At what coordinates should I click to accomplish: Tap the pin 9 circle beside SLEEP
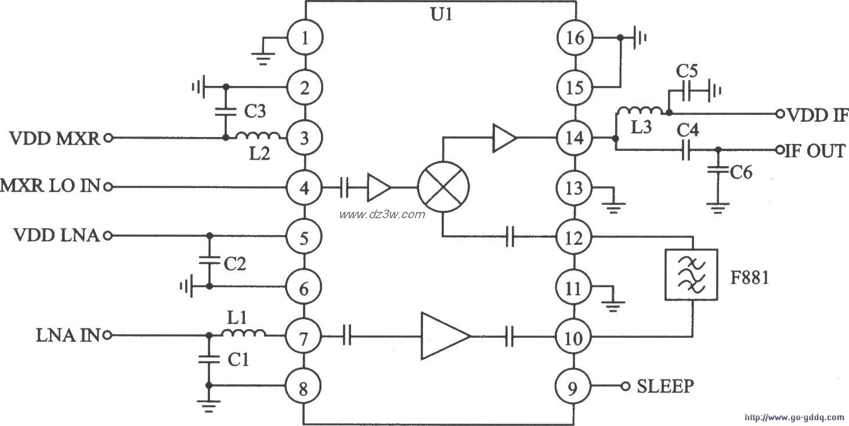tap(572, 386)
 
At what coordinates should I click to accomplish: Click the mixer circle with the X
tap(444, 188)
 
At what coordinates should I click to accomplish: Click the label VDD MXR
tap(54, 139)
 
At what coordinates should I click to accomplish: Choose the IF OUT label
tap(814, 151)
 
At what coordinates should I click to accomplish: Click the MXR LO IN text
tap(50, 187)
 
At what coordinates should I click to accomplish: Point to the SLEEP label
tap(665, 387)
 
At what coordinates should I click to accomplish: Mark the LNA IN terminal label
tap(68, 335)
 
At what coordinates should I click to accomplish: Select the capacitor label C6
tap(740, 172)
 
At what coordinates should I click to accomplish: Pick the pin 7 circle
tap(304, 336)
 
